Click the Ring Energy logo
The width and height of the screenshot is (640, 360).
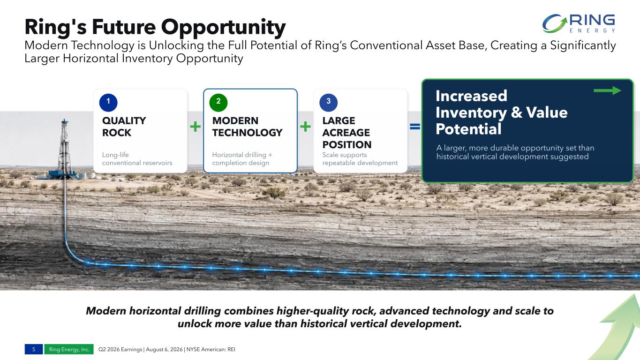point(579,23)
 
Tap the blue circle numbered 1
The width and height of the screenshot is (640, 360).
point(108,102)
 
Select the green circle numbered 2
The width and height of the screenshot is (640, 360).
point(218,102)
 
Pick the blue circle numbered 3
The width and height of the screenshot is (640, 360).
point(328,102)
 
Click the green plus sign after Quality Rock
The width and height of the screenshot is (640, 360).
point(195,126)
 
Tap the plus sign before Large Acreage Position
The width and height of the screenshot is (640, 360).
point(305,126)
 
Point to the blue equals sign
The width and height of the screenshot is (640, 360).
point(415,126)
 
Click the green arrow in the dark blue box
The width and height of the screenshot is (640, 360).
point(607,90)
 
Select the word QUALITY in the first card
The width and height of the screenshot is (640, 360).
point(124,120)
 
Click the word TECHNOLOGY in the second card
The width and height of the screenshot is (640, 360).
point(247,133)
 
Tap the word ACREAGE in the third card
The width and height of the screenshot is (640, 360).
point(346,133)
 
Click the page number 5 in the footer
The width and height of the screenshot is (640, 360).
point(34,349)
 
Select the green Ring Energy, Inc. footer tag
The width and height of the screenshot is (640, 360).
point(69,349)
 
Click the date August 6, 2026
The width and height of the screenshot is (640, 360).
point(164,349)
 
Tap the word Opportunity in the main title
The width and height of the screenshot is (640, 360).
point(223,27)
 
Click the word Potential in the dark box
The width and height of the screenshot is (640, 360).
point(468,129)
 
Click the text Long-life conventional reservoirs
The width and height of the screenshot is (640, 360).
point(137,158)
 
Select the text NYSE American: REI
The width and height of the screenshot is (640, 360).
point(211,349)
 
